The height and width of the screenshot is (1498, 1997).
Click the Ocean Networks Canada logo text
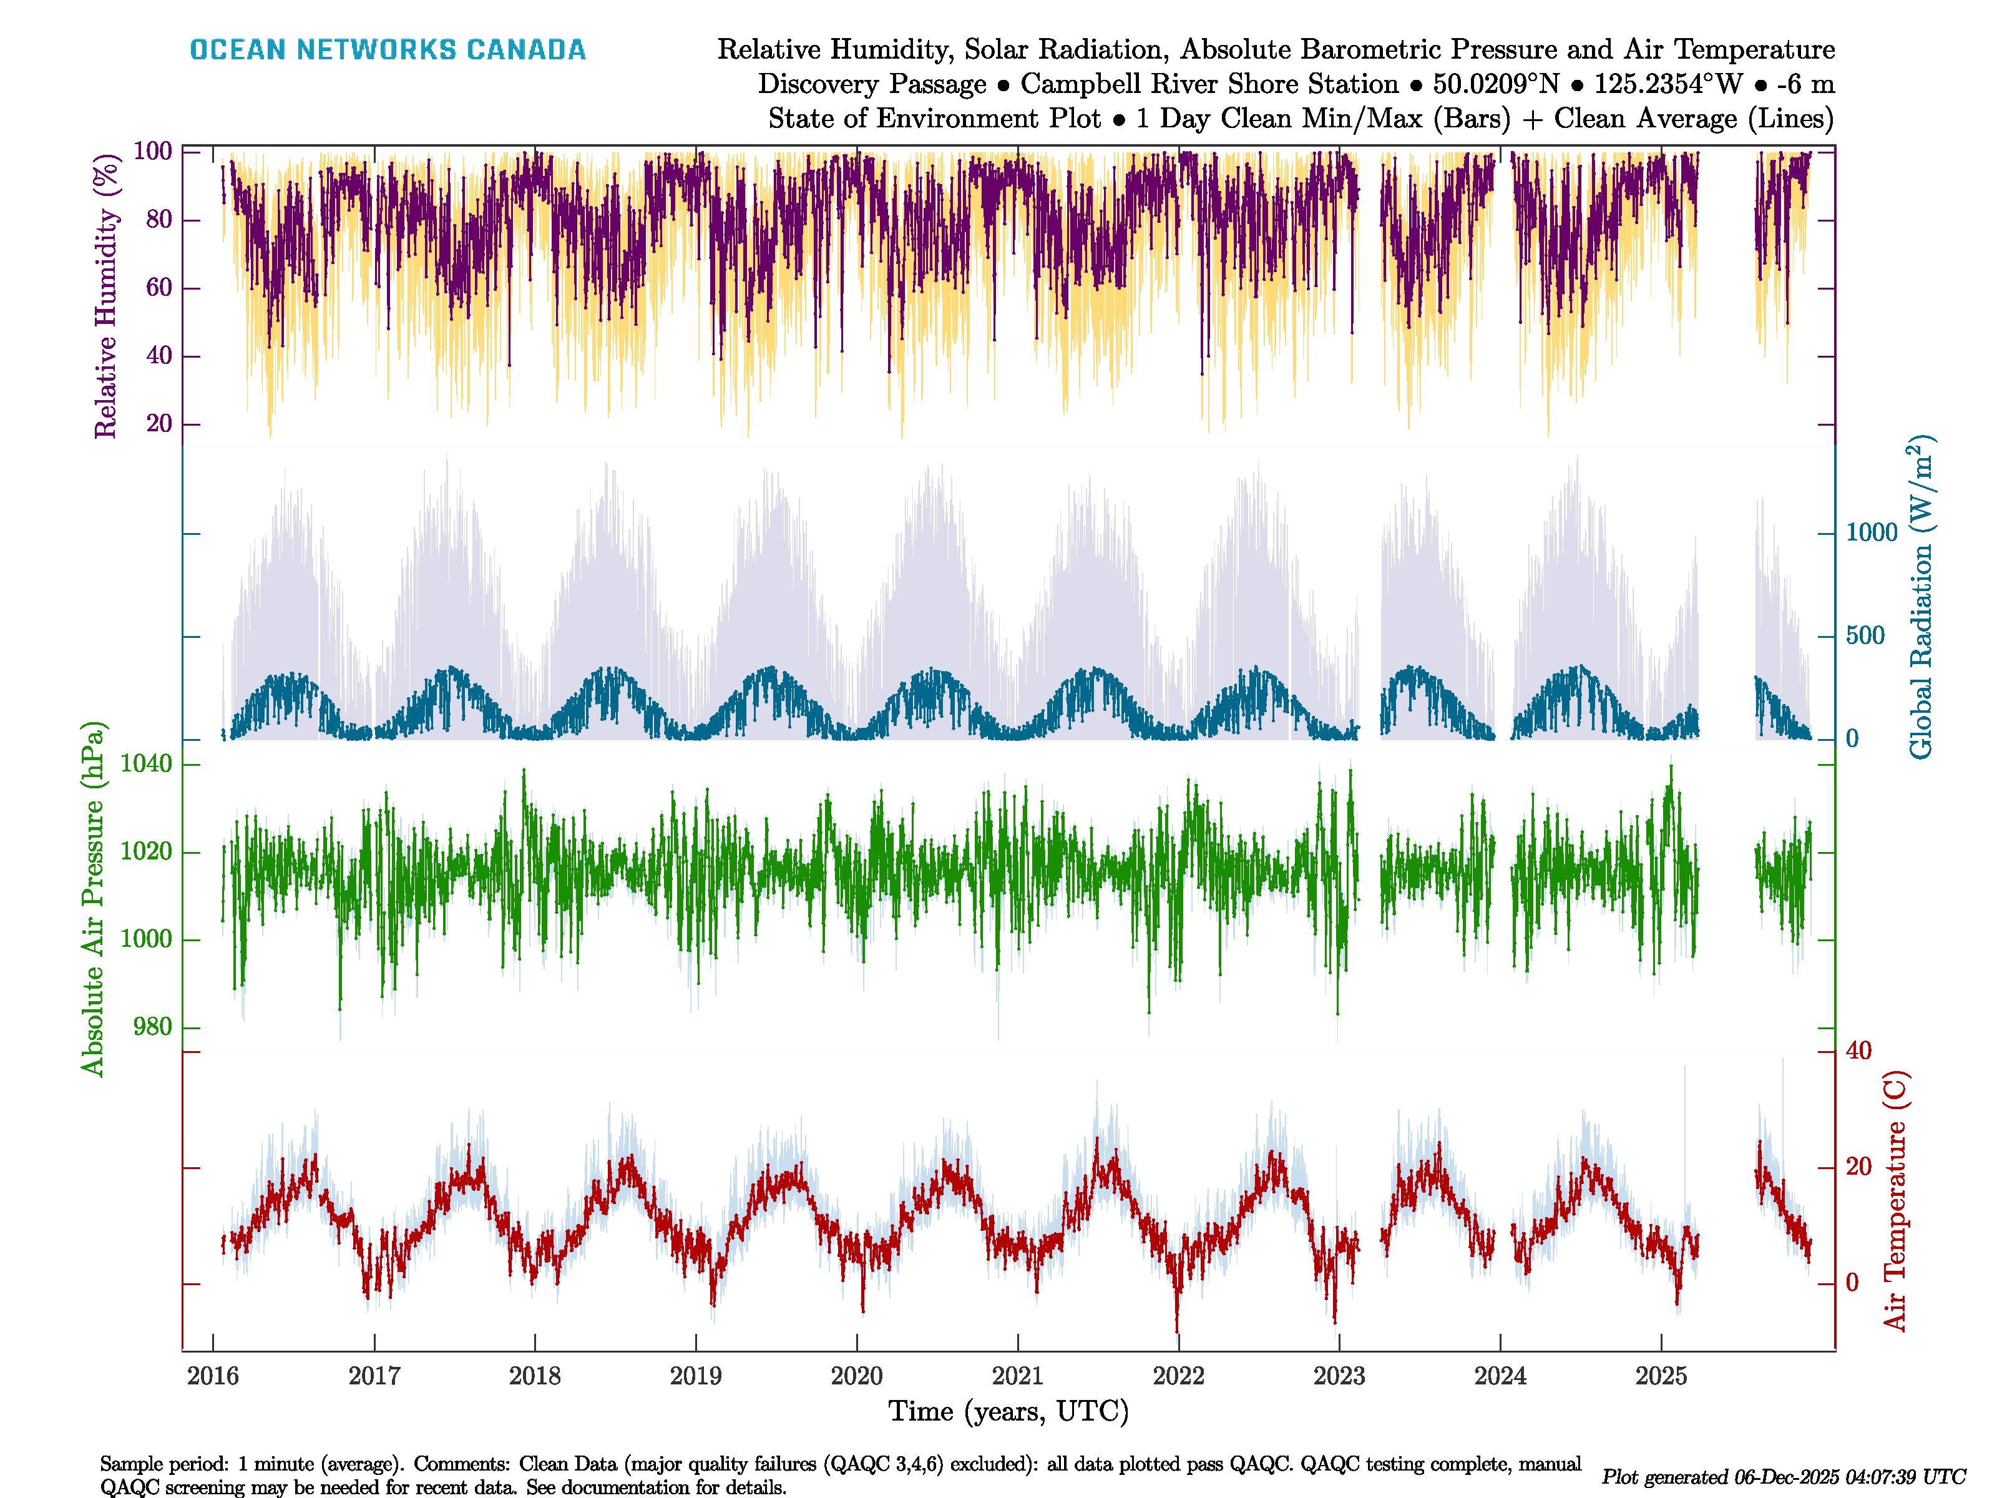388,50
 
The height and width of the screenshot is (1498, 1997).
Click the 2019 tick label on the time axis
695,1376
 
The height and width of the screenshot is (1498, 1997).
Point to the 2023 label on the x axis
1339,1376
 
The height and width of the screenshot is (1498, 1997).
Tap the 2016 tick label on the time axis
213,1376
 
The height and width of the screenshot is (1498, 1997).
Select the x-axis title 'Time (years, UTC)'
1008,1411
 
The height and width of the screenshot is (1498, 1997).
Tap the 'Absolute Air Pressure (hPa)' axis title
92,898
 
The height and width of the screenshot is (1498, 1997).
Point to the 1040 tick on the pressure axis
146,765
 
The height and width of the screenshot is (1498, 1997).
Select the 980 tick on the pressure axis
152,1027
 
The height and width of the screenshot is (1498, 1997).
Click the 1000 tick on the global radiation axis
1872,533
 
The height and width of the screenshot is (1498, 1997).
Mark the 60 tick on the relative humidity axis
159,288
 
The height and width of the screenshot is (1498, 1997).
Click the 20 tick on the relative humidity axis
159,423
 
